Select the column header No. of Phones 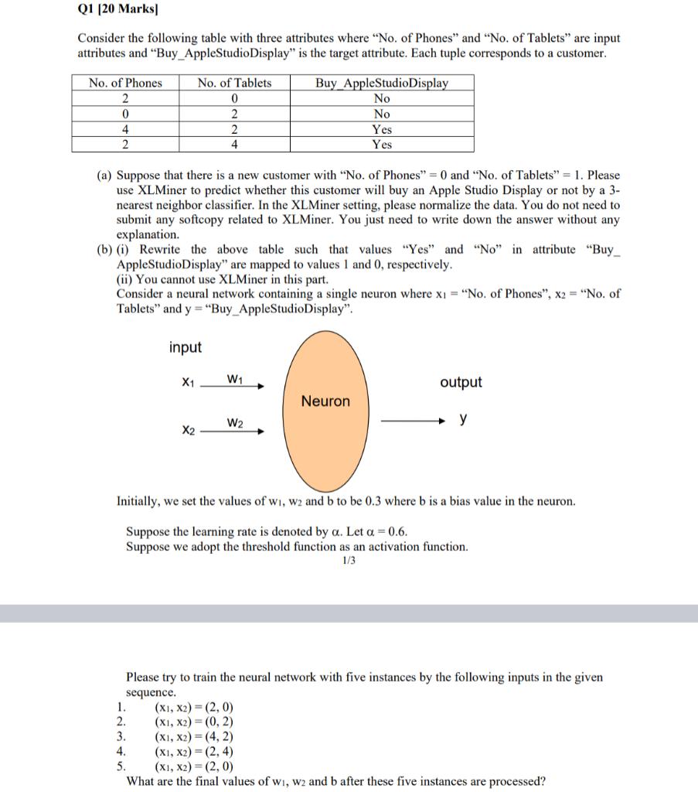point(125,83)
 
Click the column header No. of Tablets point(234,83)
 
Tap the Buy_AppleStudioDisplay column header point(381,83)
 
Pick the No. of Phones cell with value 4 point(125,129)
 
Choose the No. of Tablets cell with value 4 point(234,145)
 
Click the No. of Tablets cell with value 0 point(234,98)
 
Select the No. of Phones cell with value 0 point(125,114)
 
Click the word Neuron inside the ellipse point(325,401)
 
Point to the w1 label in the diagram point(236,377)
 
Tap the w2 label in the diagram point(236,422)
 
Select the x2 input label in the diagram point(188,430)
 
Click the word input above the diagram point(186,347)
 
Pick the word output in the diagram point(461,382)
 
